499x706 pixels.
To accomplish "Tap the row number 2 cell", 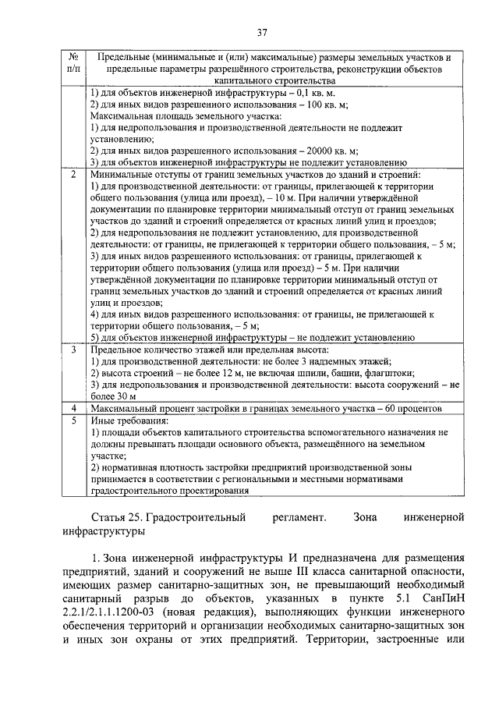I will (72, 174).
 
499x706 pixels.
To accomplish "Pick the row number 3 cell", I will (72, 349).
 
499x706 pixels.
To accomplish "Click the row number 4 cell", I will (72, 408).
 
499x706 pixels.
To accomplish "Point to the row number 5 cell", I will (72, 420).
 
